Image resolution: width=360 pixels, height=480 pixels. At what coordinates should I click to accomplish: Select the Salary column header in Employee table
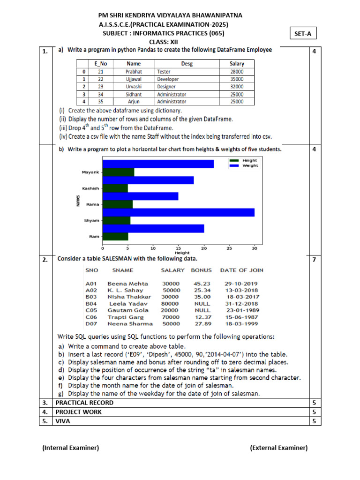(x=237, y=64)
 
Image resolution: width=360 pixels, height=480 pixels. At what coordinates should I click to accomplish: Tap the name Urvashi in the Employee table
(x=133, y=87)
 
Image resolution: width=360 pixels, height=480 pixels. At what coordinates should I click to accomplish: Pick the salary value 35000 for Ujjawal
(x=237, y=79)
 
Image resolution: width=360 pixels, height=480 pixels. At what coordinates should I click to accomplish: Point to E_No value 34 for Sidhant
(x=101, y=94)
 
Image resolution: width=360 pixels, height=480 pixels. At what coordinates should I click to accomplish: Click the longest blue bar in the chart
(x=178, y=212)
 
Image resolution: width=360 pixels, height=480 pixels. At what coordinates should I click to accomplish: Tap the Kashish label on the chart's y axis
(x=90, y=188)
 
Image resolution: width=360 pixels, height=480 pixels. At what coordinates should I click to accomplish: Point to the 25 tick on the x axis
(x=229, y=247)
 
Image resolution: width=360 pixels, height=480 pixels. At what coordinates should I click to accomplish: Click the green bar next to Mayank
(x=118, y=172)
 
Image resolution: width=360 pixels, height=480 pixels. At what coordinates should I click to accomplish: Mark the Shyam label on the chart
(x=91, y=220)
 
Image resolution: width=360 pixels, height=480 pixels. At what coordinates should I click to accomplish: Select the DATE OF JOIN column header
(x=241, y=270)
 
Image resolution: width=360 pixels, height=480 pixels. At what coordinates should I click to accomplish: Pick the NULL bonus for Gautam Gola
(x=202, y=310)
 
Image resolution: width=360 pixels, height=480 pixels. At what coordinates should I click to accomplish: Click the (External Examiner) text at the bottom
(x=278, y=448)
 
